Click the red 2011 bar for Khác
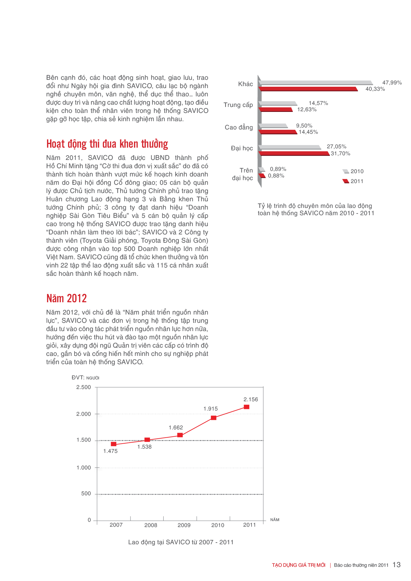(x=308, y=89)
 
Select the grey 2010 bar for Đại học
(x=290, y=147)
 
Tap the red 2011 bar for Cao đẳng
(x=278, y=132)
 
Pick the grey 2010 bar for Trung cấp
(x=278, y=104)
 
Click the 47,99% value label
(x=392, y=83)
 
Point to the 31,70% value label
(x=340, y=154)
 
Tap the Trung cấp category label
(x=238, y=105)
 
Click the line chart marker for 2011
(x=246, y=407)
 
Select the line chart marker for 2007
(x=114, y=444)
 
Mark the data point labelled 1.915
(x=214, y=418)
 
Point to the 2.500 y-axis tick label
(x=83, y=387)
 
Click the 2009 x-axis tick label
(x=184, y=525)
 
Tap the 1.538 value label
(x=144, y=447)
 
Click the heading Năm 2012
(x=67, y=298)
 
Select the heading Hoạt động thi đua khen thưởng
(x=107, y=144)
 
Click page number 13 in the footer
(x=396, y=565)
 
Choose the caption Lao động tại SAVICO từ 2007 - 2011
(x=181, y=542)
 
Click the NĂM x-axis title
(x=275, y=520)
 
